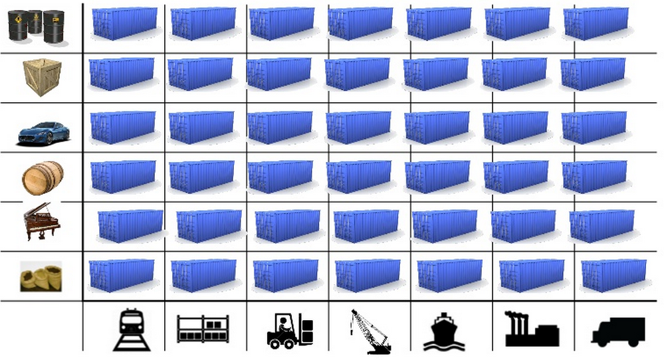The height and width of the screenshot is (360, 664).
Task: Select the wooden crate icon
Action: (x=41, y=76)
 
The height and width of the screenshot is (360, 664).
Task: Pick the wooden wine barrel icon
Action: (x=43, y=177)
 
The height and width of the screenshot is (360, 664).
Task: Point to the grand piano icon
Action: (x=41, y=224)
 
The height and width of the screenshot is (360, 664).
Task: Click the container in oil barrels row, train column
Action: (x=124, y=23)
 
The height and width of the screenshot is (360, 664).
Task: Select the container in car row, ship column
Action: (x=437, y=127)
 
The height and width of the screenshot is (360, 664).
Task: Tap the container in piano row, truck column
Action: (x=602, y=226)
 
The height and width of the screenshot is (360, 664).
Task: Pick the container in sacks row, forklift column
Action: (x=285, y=275)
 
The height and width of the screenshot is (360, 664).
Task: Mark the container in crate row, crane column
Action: (x=358, y=73)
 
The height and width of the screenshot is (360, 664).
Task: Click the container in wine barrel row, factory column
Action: (x=516, y=176)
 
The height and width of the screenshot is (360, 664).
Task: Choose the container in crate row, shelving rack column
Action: (x=201, y=73)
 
